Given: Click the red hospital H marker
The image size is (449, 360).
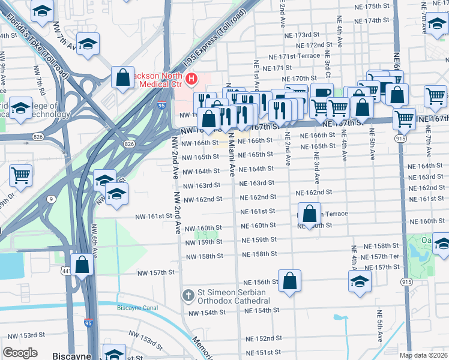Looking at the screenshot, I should coord(191,78).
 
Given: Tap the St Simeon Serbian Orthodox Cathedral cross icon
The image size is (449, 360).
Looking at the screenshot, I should coord(188,295).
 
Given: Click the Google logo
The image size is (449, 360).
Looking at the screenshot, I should coord(20,353).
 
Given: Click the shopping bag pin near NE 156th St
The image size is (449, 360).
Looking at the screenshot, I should coord(289,281).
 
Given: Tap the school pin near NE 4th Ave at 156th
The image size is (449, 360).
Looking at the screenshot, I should coord(360,281).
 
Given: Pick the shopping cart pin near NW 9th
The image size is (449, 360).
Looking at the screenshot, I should coord(21,175).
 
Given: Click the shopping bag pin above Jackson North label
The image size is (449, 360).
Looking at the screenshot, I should coord(122,77).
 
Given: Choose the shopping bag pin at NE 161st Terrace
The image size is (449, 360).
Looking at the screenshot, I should coord(309,214).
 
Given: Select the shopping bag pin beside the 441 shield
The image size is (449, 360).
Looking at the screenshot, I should coord(82,264).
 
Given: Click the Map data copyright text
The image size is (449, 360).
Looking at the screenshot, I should coord(423,355).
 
